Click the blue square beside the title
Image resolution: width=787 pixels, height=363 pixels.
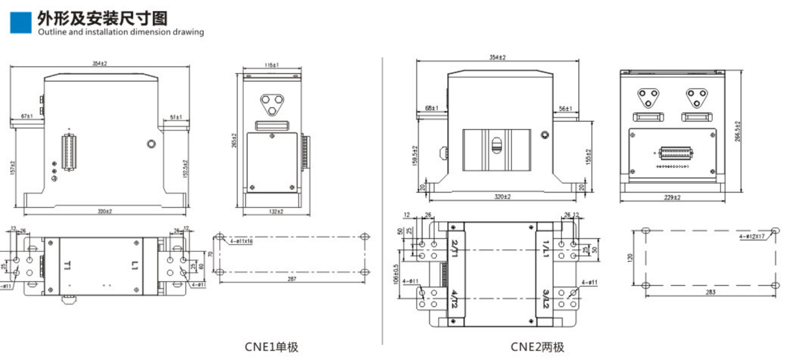pos(21,22)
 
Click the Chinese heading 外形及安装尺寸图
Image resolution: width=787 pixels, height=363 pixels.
pos(102,19)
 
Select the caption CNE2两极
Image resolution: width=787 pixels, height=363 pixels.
pos(537,347)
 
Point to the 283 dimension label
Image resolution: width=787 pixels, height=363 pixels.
pos(711,292)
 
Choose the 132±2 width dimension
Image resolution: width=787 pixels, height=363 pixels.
pos(277,211)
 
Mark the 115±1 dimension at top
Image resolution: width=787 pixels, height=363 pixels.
pos(272,65)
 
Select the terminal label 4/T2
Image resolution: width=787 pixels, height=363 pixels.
pos(455,299)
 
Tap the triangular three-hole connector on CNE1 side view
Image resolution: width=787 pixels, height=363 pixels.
pos(272,103)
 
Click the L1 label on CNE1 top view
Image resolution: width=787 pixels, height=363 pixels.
pos(135,266)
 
